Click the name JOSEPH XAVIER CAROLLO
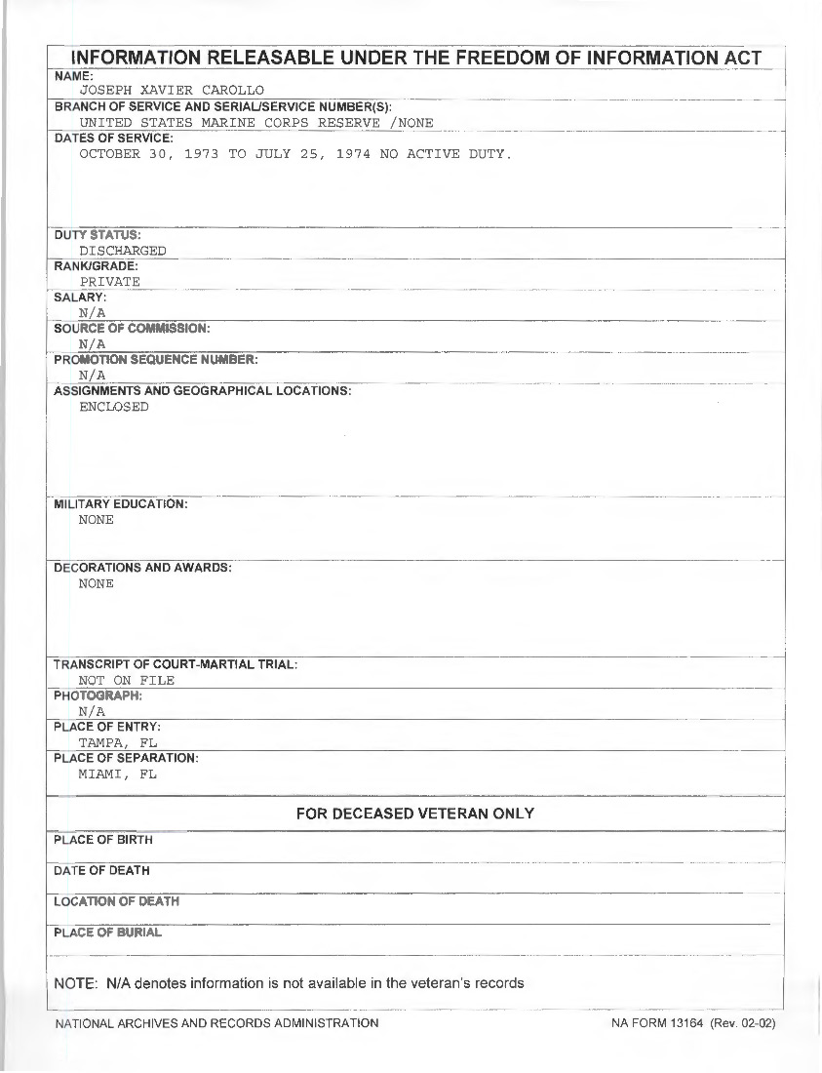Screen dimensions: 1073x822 pyautogui.click(x=172, y=91)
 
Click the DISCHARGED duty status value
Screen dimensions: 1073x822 pyautogui.click(x=123, y=251)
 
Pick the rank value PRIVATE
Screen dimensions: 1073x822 pyautogui.click(x=110, y=282)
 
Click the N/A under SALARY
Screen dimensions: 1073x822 pyautogui.click(x=93, y=313)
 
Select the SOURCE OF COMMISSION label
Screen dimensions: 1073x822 pyautogui.click(x=132, y=329)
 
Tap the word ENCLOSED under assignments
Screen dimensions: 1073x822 pyautogui.click(x=114, y=407)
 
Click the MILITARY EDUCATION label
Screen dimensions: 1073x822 pyautogui.click(x=121, y=504)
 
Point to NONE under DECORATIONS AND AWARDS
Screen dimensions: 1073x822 pyautogui.click(x=97, y=583)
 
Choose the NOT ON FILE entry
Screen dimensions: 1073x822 pyautogui.click(x=127, y=681)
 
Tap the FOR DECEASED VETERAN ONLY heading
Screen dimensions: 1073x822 pyautogui.click(x=415, y=814)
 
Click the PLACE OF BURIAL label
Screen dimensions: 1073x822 pyautogui.click(x=108, y=933)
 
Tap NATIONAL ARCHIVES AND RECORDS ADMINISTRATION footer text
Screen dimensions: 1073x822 pyautogui.click(x=216, y=1023)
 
